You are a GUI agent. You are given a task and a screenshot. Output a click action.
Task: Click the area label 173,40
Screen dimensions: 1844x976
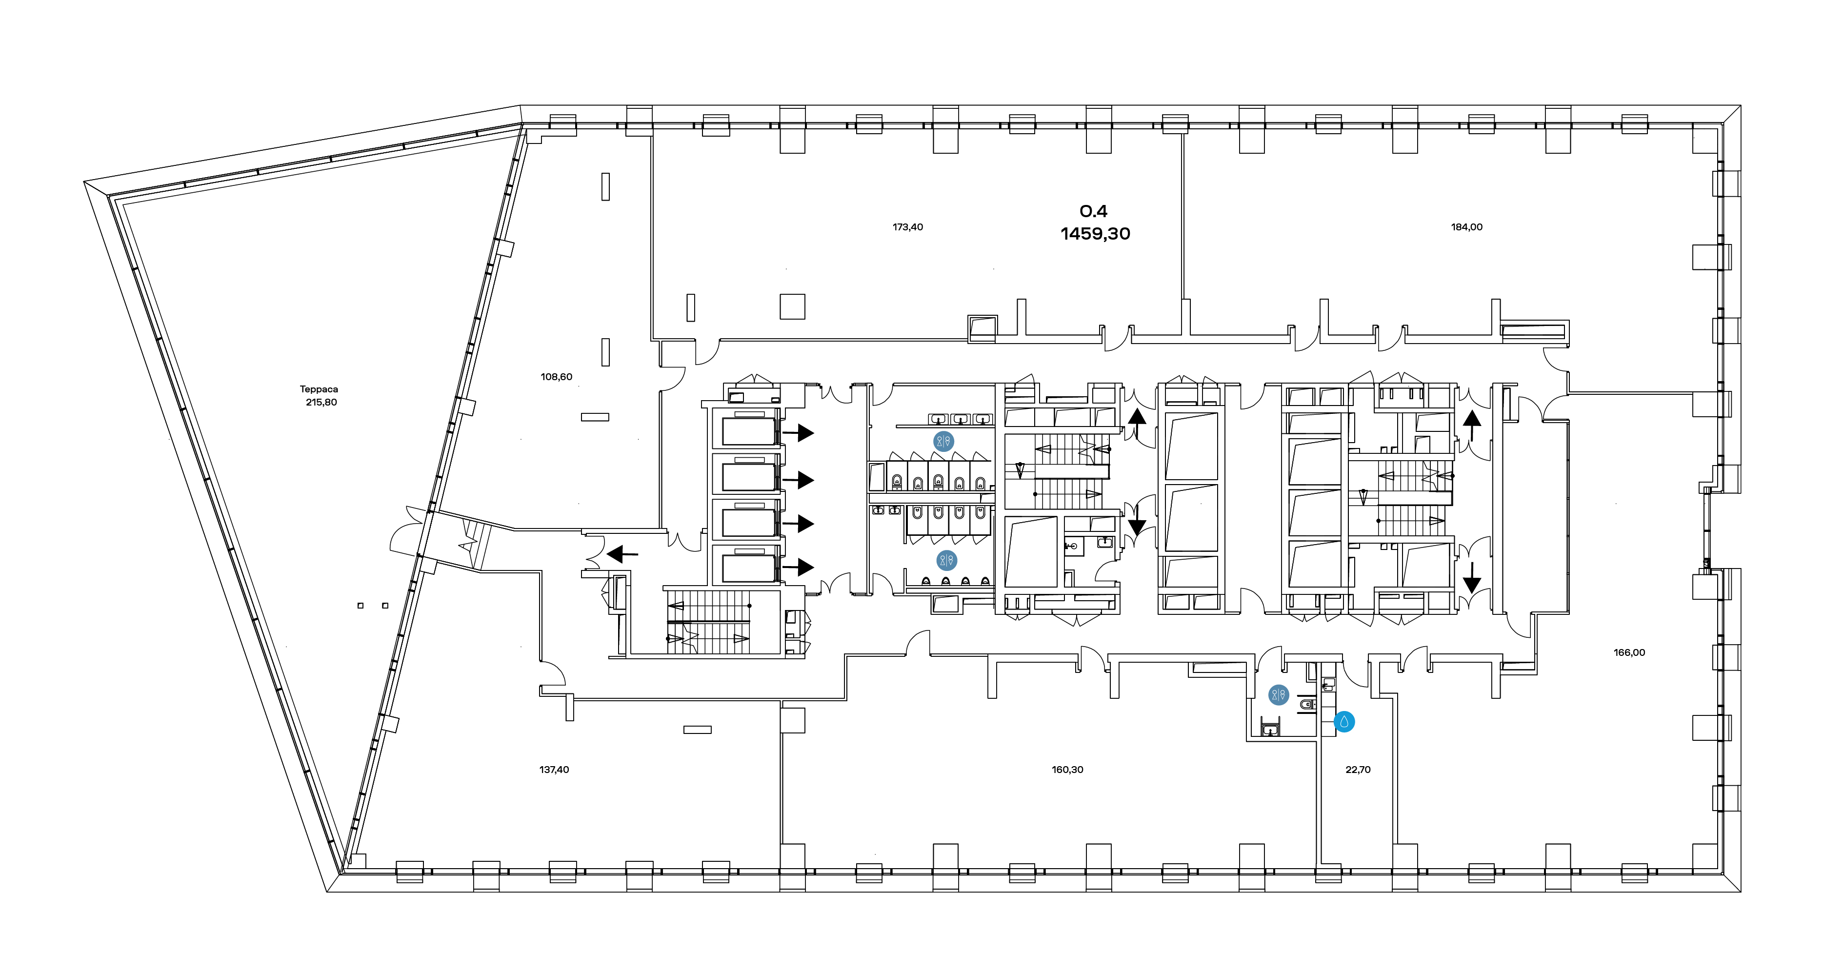908,227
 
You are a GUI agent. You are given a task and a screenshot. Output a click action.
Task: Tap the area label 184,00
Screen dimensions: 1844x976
1467,227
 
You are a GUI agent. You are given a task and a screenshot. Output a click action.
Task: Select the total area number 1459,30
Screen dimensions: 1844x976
1095,233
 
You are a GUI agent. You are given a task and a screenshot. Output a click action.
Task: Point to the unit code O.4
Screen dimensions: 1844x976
1093,211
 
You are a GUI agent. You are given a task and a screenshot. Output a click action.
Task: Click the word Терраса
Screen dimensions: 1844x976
319,389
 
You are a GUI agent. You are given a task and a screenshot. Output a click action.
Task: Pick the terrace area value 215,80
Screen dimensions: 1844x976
321,403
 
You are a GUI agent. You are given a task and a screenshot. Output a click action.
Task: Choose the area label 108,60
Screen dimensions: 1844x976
556,377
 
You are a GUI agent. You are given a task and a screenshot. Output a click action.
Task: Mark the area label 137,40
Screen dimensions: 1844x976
554,770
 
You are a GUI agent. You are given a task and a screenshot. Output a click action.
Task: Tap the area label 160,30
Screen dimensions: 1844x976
1067,770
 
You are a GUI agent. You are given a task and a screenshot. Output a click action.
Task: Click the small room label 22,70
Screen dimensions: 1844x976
1358,770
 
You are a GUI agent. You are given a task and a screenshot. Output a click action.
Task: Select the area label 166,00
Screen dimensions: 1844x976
1629,652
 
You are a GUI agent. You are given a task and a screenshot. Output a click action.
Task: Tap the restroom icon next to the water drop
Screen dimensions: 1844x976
1279,694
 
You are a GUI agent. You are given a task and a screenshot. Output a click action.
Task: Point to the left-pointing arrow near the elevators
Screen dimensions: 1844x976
622,554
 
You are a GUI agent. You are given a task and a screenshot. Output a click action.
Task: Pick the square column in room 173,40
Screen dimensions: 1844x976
792,306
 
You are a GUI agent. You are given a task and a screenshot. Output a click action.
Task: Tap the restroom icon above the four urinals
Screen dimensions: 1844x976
946,560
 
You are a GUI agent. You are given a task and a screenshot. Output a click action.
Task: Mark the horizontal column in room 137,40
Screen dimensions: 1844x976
697,730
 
